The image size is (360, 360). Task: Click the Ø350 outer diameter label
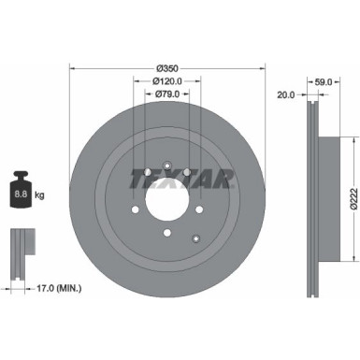pyautogui.click(x=166, y=67)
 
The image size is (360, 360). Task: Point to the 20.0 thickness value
pyautogui.click(x=287, y=94)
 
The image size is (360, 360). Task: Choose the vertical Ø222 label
pyautogui.click(x=353, y=197)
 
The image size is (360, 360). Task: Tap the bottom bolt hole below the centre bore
pyautogui.click(x=166, y=234)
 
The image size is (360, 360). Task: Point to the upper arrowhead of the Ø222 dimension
pyautogui.click(x=344, y=140)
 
